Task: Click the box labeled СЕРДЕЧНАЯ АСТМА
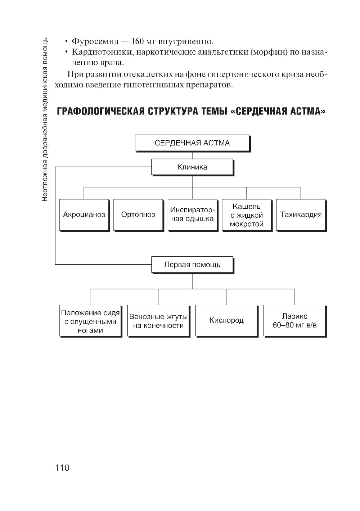(192, 143)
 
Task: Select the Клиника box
(192, 167)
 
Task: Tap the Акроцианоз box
(84, 214)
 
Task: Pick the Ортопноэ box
(138, 214)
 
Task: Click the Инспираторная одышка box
(192, 214)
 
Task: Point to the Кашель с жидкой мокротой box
(247, 215)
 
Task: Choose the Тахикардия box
(301, 214)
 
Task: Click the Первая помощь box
(192, 265)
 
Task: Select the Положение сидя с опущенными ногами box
(90, 321)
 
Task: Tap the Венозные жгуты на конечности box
(158, 321)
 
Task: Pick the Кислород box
(226, 320)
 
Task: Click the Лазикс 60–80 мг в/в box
(294, 321)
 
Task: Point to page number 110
(62, 468)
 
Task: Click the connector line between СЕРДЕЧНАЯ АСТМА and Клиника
(192, 155)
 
